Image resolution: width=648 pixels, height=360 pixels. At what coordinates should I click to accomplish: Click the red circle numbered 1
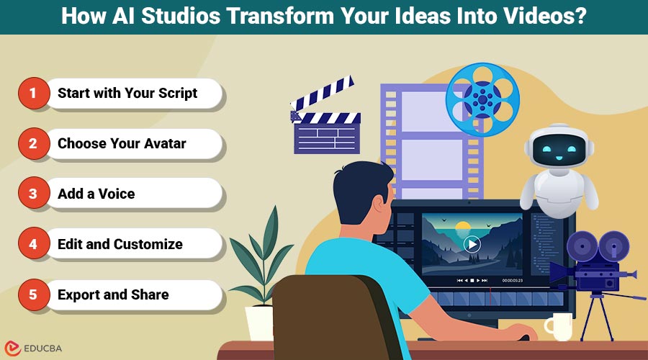click(x=32, y=94)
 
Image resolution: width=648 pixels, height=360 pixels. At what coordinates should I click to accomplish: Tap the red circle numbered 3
click(x=32, y=194)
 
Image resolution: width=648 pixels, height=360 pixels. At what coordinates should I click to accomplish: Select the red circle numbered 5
click(x=32, y=294)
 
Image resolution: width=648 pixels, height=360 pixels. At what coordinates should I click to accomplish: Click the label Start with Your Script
click(x=127, y=93)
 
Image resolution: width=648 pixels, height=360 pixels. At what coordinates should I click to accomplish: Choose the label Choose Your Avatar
click(x=122, y=143)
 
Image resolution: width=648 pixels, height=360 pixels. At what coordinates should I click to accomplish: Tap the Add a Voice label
click(x=96, y=194)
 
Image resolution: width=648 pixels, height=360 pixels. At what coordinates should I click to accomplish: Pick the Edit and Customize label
click(x=120, y=244)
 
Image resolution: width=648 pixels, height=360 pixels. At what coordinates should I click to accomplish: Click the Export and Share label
click(x=113, y=294)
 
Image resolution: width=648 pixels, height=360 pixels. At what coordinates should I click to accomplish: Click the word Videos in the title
click(x=539, y=17)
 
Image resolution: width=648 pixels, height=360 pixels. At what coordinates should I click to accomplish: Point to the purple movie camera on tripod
click(x=590, y=266)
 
